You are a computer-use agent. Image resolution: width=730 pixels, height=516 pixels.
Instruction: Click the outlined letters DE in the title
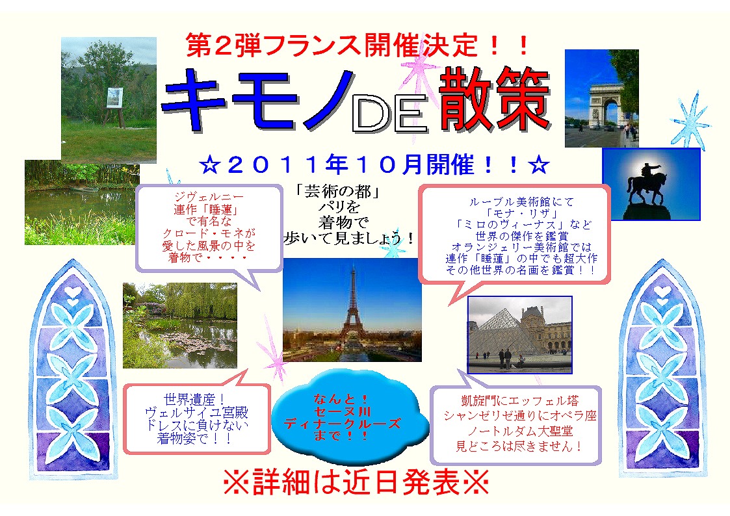pyautogui.click(x=389, y=114)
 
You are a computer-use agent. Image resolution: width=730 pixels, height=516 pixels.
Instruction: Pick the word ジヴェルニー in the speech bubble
pyautogui.click(x=209, y=197)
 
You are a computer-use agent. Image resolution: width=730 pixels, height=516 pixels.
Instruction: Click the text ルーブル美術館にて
pyautogui.click(x=521, y=202)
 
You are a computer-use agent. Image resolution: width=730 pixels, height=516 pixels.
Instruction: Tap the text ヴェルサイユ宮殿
pyautogui.click(x=196, y=413)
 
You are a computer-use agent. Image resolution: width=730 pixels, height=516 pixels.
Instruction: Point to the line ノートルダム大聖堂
pyautogui.click(x=520, y=431)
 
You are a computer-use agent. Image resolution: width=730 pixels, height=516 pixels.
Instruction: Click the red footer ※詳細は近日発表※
pyautogui.click(x=356, y=482)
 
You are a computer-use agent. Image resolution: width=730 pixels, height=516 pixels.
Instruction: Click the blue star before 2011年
pyautogui.click(x=210, y=165)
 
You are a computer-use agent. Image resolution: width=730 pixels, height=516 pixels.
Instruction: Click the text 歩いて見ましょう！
pyautogui.click(x=348, y=239)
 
